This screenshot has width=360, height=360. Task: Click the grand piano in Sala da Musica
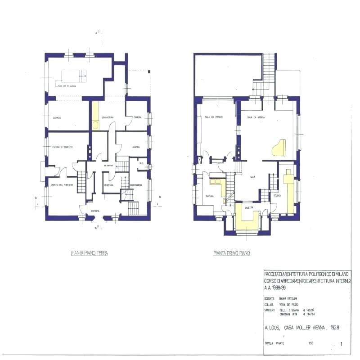coord(276,148)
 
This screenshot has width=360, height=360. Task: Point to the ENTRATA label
coord(95,211)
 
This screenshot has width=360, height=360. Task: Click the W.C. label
coord(141,163)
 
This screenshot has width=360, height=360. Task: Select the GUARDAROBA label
coord(136,185)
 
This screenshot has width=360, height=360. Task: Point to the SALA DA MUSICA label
coord(256,117)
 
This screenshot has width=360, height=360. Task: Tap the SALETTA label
coord(249,207)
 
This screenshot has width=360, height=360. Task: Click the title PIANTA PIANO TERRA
coord(89,253)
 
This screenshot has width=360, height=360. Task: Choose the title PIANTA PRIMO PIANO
coord(232,253)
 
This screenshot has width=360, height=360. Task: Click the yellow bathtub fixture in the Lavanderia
coord(95,125)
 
